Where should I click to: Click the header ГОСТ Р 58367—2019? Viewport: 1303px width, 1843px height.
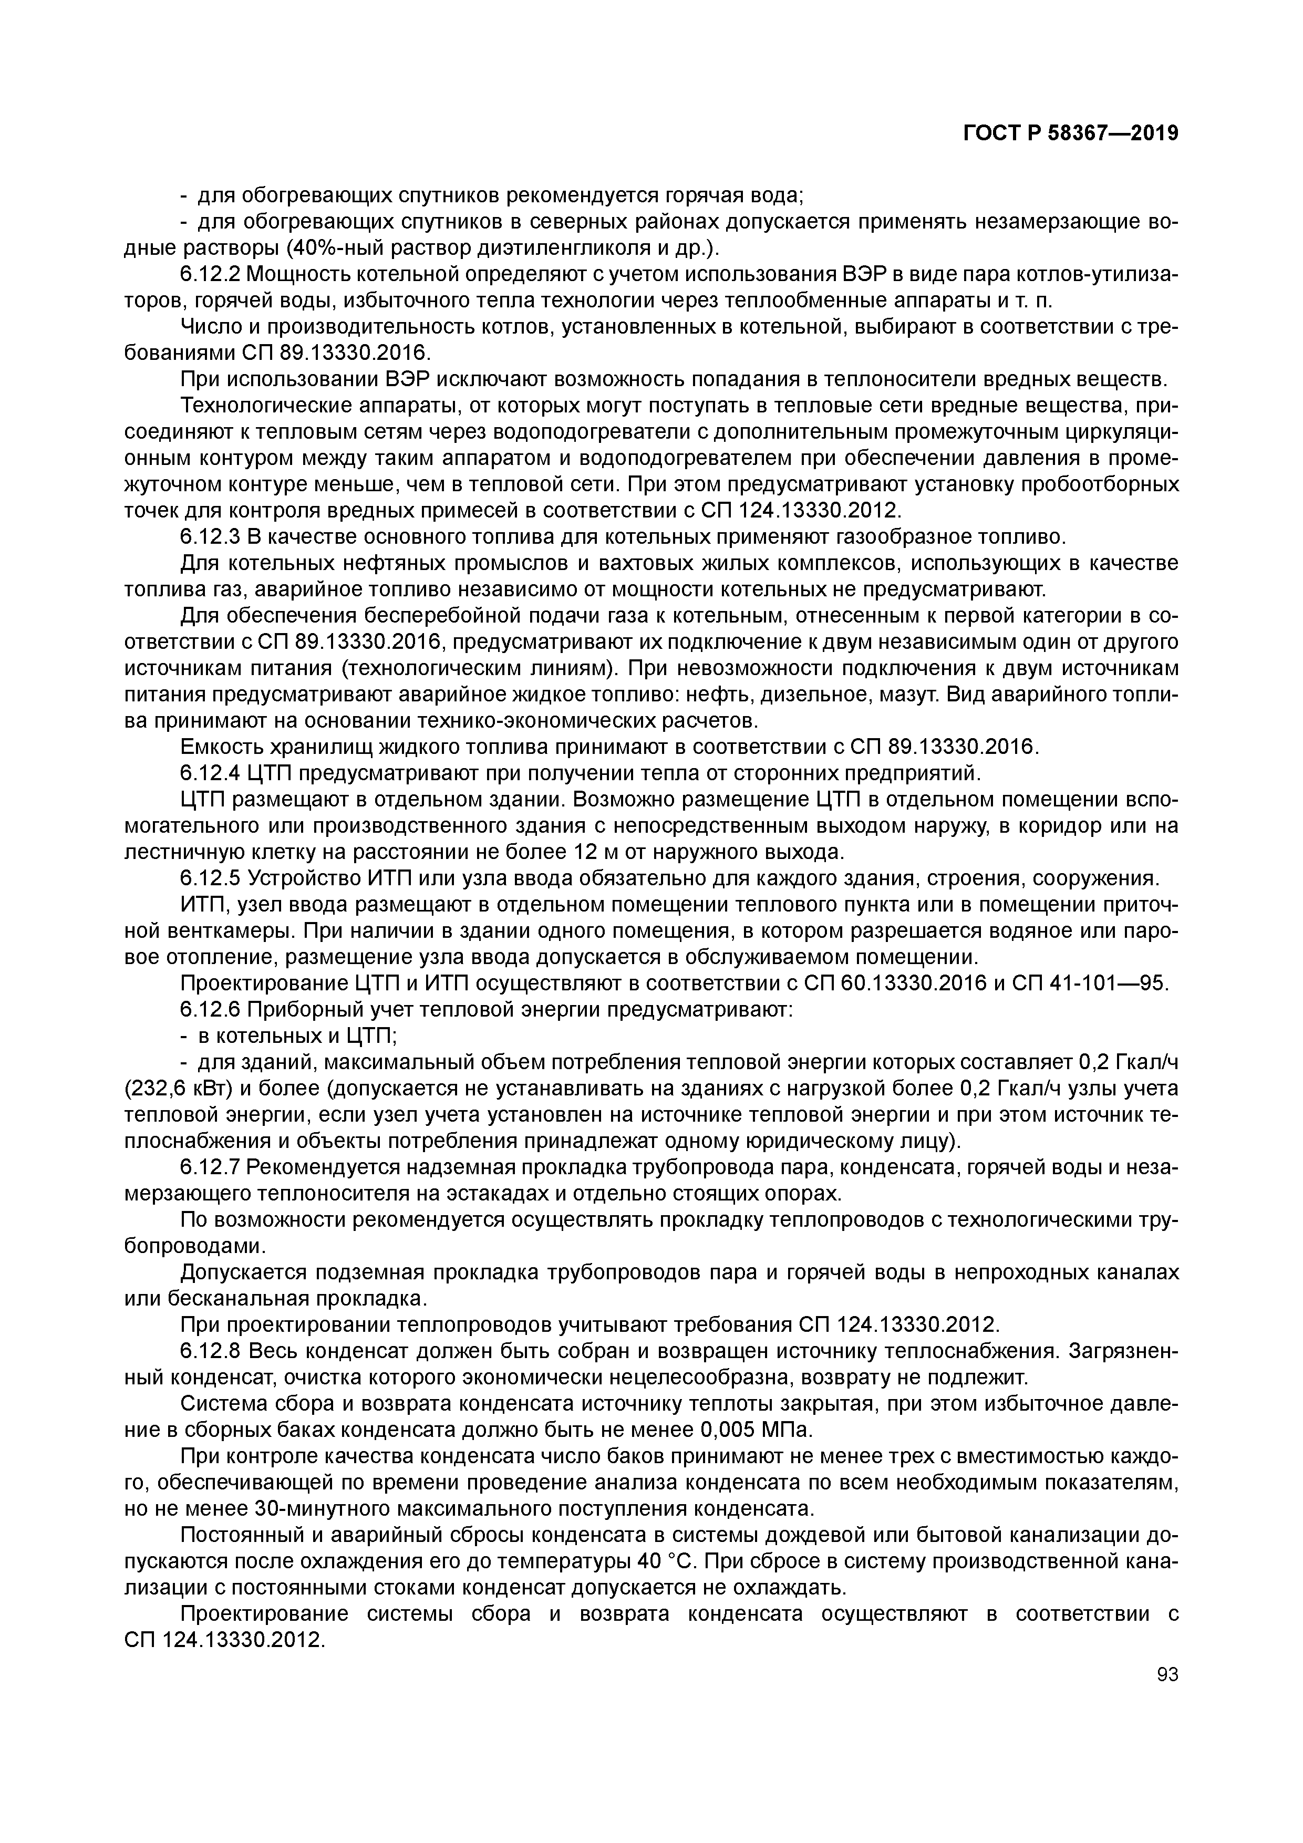click(1070, 133)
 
